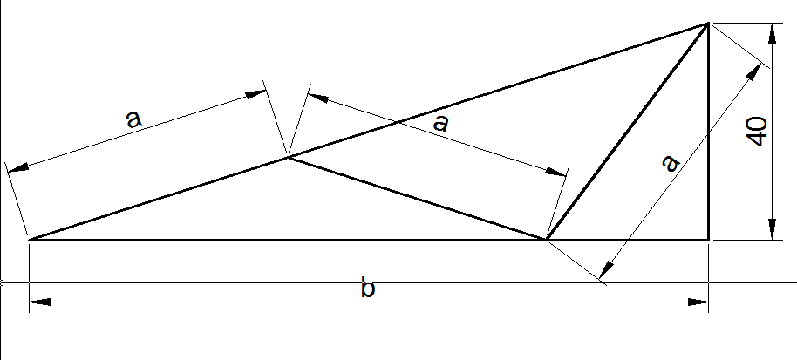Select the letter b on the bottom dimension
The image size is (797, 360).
[368, 288]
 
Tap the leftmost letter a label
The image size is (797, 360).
[133, 119]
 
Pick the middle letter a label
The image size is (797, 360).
[440, 123]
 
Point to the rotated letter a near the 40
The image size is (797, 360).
[670, 163]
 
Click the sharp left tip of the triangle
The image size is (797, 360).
[31, 239]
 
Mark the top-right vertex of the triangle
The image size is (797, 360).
[708, 24]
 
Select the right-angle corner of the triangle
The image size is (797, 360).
[708, 239]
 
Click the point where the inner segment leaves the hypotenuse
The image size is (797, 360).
[288, 157]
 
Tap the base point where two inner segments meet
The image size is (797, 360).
[546, 239]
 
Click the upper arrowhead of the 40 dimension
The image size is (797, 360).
[771, 34]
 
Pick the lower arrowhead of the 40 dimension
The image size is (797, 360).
[771, 229]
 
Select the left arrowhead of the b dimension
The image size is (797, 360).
[40, 302]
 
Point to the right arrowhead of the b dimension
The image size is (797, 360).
[698, 302]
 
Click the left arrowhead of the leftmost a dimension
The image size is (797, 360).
[17, 165]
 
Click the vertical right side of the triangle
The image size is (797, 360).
[708, 131]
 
